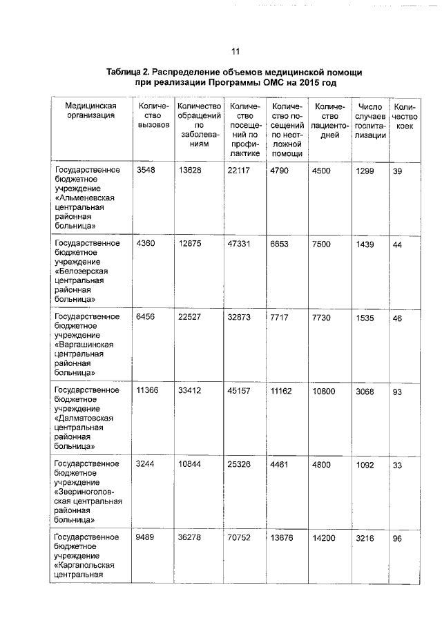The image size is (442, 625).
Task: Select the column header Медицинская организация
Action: point(90,110)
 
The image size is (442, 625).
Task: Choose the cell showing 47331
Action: point(239,243)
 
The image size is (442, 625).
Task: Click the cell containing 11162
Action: point(282,390)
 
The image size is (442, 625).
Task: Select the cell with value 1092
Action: point(365,464)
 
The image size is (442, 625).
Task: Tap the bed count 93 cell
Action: point(397,391)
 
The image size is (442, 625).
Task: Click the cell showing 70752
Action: point(239,538)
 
